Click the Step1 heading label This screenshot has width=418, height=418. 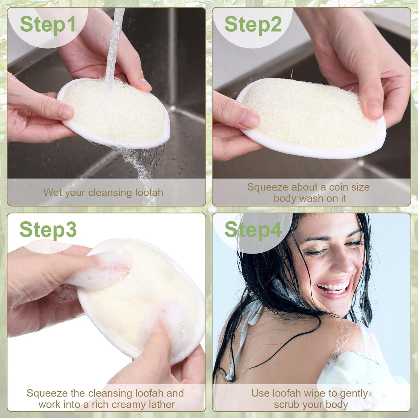(x=48, y=24)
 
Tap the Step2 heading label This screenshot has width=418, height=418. (x=253, y=24)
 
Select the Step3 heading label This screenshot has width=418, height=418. (x=48, y=230)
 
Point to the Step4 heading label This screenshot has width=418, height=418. (x=253, y=230)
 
